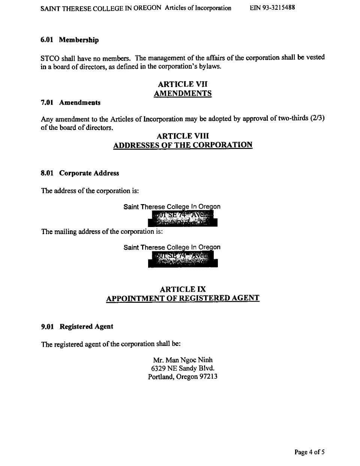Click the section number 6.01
click(47, 40)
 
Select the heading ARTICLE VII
click(183, 84)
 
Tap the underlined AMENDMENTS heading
click(183, 93)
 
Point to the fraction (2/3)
click(317, 118)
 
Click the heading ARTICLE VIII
click(183, 136)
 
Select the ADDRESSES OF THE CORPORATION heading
click(183, 145)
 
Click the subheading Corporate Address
click(89, 173)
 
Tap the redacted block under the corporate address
click(183, 219)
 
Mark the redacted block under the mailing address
click(183, 259)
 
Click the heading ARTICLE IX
click(183, 289)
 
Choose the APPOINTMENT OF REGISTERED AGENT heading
click(183, 298)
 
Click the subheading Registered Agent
click(86, 326)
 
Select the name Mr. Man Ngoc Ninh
click(183, 360)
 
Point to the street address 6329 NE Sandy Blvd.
click(183, 368)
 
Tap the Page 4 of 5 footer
click(309, 452)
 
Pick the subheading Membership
click(79, 40)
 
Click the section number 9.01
click(47, 326)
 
